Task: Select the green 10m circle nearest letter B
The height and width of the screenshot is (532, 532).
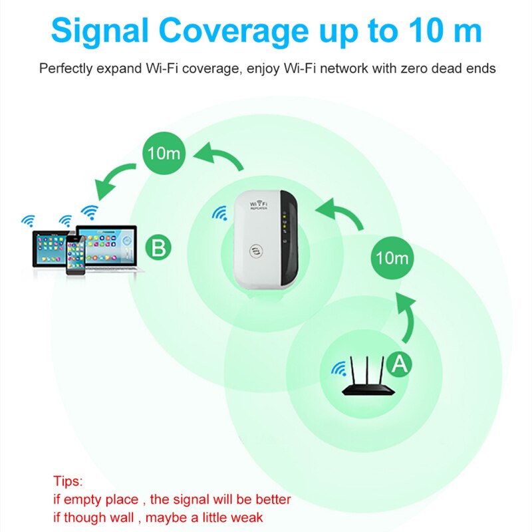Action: pyautogui.click(x=164, y=154)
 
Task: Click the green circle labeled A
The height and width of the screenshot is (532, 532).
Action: pyautogui.click(x=398, y=362)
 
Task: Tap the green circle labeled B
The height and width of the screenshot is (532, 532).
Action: pyautogui.click(x=158, y=249)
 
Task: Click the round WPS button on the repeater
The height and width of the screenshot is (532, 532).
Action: pyautogui.click(x=256, y=252)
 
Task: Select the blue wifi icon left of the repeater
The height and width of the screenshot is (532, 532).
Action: pyautogui.click(x=219, y=213)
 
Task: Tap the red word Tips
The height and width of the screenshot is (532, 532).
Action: pyautogui.click(x=68, y=481)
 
